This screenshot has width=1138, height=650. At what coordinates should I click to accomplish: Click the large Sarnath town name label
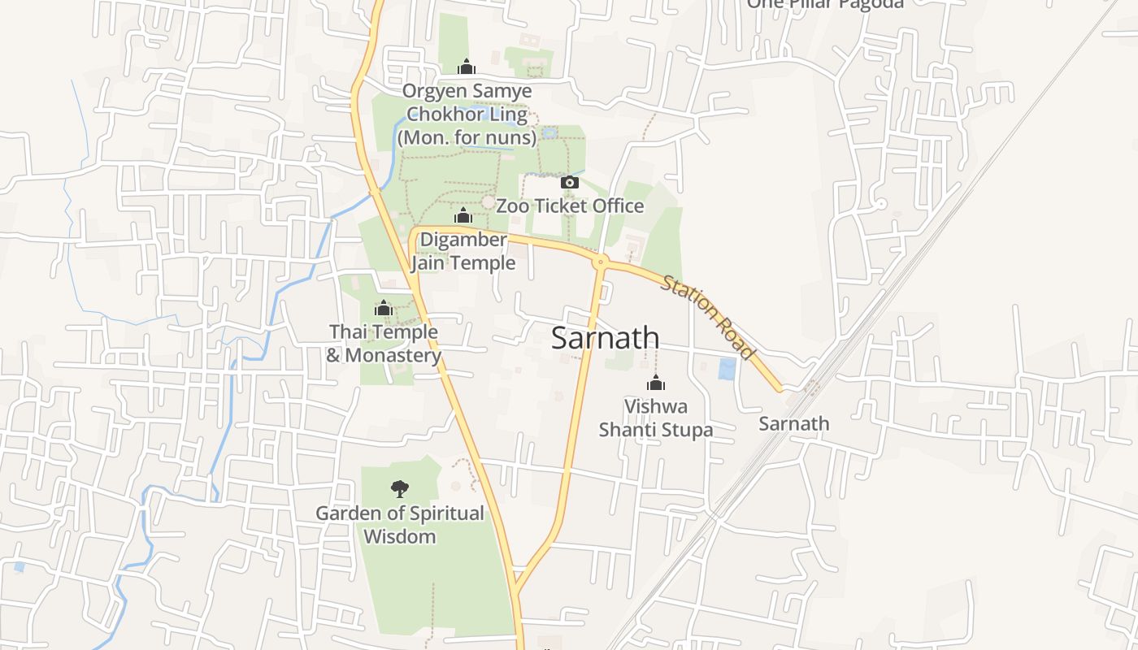[x=605, y=338]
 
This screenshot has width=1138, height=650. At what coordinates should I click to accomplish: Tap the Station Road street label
[x=707, y=317]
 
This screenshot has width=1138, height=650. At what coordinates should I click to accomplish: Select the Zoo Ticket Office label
[x=570, y=206]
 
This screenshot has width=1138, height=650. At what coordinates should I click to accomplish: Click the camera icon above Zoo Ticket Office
[x=570, y=182]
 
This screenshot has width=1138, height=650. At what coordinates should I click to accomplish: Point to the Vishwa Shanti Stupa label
[x=656, y=418]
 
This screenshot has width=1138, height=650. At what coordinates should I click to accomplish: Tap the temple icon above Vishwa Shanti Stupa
[x=656, y=383]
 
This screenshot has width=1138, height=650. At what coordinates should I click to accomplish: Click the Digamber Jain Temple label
[x=463, y=251]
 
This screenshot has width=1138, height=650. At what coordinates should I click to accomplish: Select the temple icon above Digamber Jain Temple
[x=463, y=215]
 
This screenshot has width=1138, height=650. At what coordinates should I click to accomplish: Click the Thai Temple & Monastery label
[x=384, y=344]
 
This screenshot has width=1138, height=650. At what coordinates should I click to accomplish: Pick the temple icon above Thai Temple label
[x=384, y=308]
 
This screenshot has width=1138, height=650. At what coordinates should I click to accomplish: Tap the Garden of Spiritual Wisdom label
[x=400, y=525]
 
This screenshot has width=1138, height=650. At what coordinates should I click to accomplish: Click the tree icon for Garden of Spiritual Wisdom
[x=400, y=488]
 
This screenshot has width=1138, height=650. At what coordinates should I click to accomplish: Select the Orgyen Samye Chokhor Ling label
[x=467, y=115]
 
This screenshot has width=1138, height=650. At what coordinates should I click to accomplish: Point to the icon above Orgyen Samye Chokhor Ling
[x=467, y=67]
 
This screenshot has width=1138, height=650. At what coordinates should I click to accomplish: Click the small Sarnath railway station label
[x=794, y=423]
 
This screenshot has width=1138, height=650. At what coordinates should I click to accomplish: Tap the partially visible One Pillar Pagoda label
[x=825, y=4]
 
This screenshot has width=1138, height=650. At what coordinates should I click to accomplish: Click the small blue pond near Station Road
[x=728, y=370]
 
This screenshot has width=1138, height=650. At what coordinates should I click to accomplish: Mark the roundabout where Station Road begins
[x=601, y=261]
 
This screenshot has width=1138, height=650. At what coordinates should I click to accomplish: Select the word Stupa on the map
[x=685, y=430]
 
